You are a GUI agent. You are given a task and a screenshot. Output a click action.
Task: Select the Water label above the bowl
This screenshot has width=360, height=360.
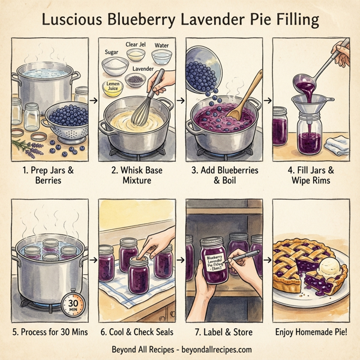pos(162,46)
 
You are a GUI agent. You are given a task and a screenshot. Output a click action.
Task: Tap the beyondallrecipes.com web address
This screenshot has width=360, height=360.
pos(208,349)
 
